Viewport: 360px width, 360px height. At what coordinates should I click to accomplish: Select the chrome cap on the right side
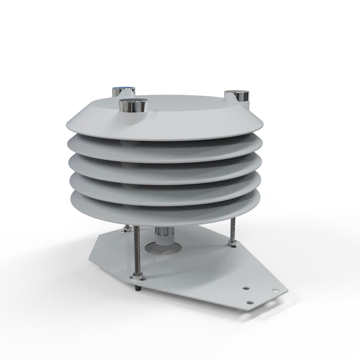coord(238,96)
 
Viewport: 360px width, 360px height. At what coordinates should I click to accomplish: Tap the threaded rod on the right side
coord(232,229)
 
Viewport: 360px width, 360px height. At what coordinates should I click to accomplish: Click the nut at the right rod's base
coord(233,243)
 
